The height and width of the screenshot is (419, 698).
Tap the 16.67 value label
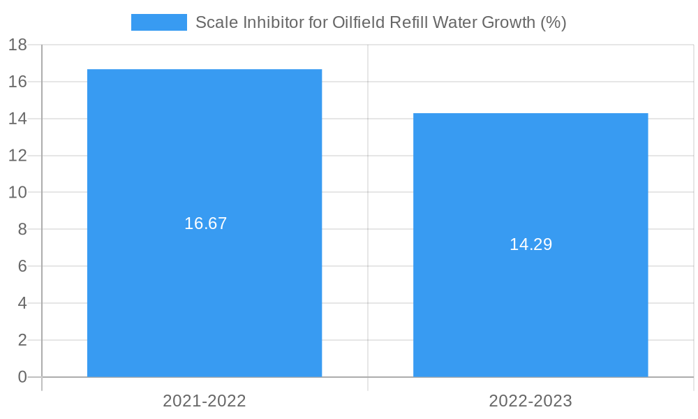pyautogui.click(x=206, y=223)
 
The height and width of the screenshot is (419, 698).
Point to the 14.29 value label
pyautogui.click(x=530, y=244)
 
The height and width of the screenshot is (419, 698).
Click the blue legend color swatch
pyautogui.click(x=159, y=22)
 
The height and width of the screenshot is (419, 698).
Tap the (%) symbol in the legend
pyautogui.click(x=554, y=22)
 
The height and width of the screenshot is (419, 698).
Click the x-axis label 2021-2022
pyautogui.click(x=205, y=401)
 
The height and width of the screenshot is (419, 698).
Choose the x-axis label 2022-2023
pyautogui.click(x=530, y=401)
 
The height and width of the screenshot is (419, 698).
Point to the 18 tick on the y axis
pyautogui.click(x=17, y=45)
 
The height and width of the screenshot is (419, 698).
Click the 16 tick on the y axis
pyautogui.click(x=17, y=82)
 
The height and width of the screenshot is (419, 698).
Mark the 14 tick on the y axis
pyautogui.click(x=17, y=119)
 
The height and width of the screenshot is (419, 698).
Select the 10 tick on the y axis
pyautogui.click(x=17, y=192)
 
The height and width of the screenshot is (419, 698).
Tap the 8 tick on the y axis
pyautogui.click(x=22, y=229)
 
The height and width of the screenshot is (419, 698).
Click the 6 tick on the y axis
pyautogui.click(x=22, y=266)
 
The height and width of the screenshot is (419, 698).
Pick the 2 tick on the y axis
pyautogui.click(x=22, y=340)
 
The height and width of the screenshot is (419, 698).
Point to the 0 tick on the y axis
pyautogui.click(x=22, y=377)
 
